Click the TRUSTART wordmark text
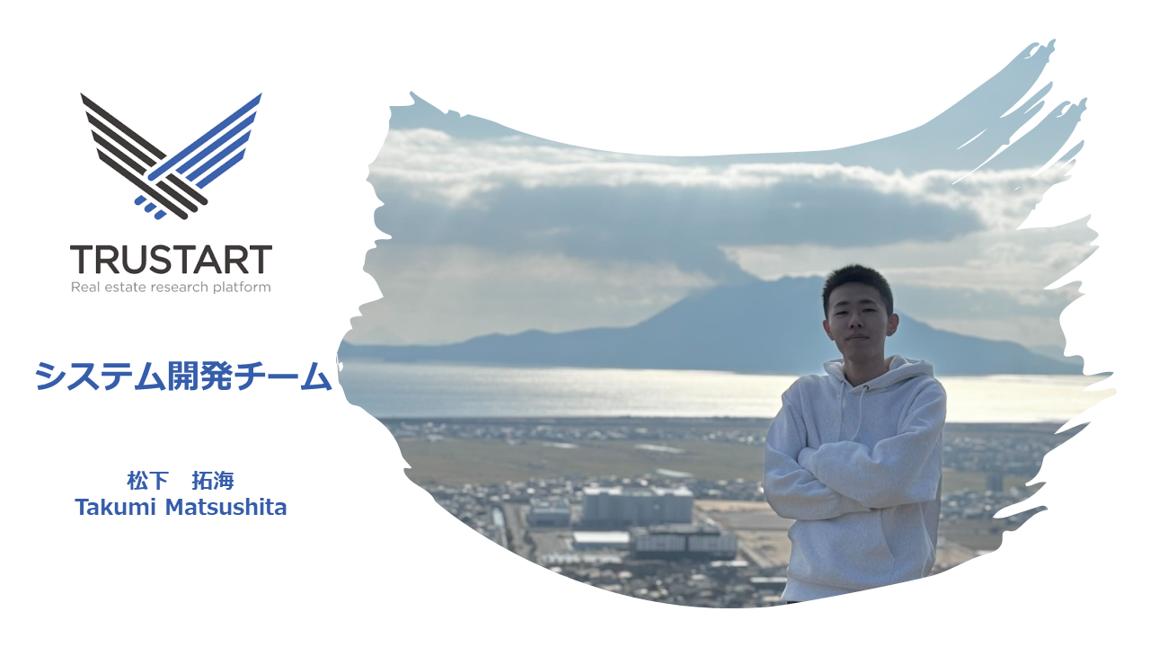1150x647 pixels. point(171,260)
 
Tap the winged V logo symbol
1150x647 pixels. point(171,155)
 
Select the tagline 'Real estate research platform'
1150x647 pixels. point(171,287)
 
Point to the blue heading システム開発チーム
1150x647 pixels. point(182,377)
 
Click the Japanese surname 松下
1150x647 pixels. point(148,481)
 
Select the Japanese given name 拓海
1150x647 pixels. point(213,481)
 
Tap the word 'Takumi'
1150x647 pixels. point(116,508)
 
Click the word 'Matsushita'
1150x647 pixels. point(226,508)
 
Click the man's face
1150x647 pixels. point(858,323)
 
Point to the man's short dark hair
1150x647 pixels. point(857,285)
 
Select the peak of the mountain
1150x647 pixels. point(801,279)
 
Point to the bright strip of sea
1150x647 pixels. point(565,392)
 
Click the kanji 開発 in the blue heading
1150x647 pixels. point(199,377)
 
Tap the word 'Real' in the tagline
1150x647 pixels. point(85,287)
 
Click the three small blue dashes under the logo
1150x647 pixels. point(150,207)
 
